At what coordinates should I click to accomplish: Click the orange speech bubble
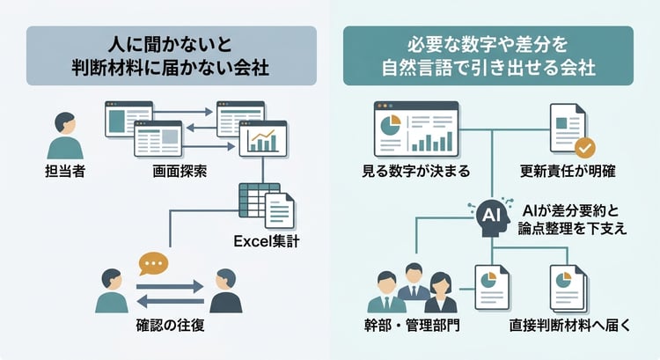coord(151,263)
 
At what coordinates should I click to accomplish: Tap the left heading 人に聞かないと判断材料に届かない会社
coord(171,55)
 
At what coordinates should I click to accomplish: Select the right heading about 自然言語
coord(488,55)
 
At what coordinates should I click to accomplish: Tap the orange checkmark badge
coord(583,146)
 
